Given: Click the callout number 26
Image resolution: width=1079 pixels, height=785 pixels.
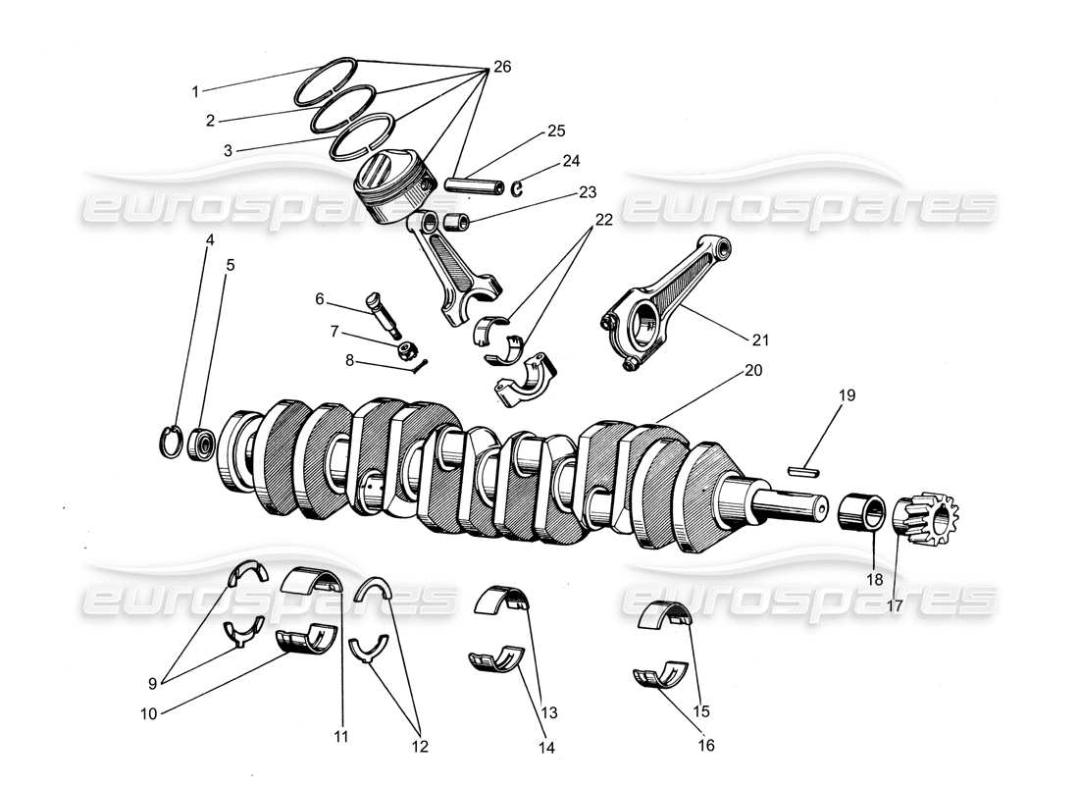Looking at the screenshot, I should point(501,67).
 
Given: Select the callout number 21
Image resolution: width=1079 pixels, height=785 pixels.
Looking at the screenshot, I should point(760,340).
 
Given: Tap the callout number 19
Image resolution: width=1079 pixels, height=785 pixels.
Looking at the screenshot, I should point(847,395).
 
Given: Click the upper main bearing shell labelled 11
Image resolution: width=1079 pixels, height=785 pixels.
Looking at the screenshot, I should point(312,580).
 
